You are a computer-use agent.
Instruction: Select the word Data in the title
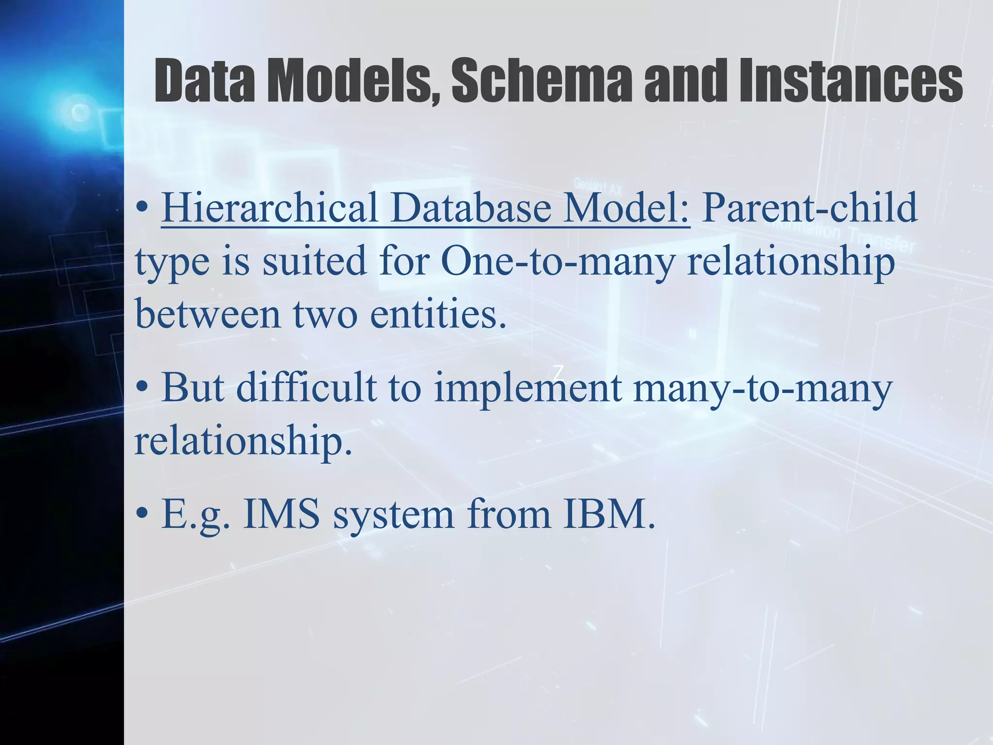tap(205, 80)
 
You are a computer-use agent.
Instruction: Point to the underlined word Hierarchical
tap(270, 208)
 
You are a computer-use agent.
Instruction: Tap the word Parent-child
tap(810, 208)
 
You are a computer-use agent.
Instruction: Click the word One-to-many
tap(558, 261)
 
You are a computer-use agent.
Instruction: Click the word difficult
tap(306, 388)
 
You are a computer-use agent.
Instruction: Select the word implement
tap(528, 388)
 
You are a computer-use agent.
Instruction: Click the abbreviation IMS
tap(281, 514)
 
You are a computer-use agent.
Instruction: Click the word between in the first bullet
tap(208, 314)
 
